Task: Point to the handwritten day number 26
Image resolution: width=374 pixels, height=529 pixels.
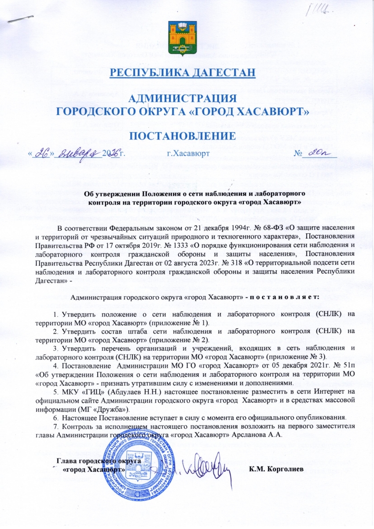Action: pos(45,154)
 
